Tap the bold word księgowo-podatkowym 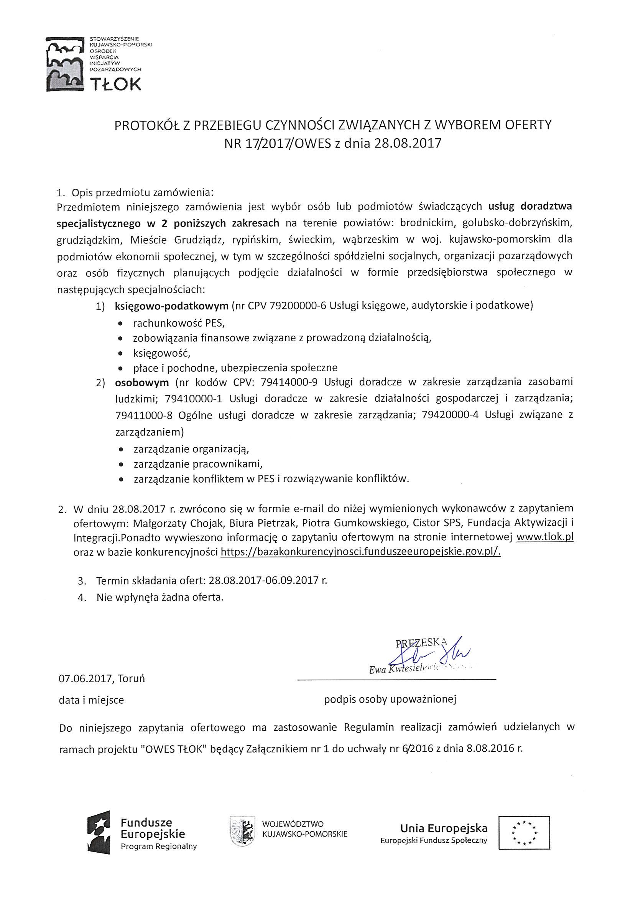pyautogui.click(x=171, y=306)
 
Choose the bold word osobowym pyautogui.click(x=142, y=382)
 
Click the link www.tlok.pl pyautogui.click(x=545, y=537)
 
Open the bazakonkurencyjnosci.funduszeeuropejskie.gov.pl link pyautogui.click(x=361, y=552)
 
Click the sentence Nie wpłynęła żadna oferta pyautogui.click(x=160, y=597)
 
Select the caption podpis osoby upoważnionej pyautogui.click(x=390, y=699)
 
